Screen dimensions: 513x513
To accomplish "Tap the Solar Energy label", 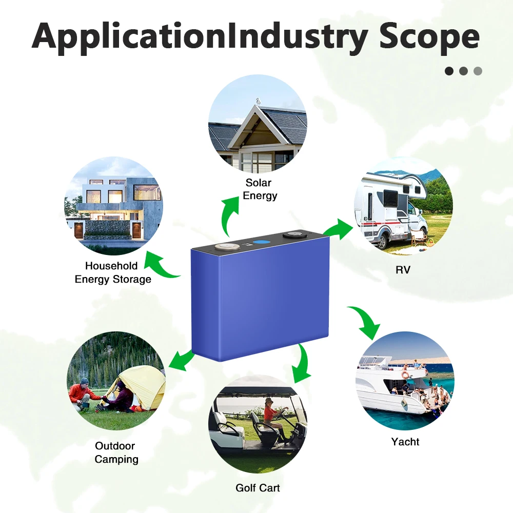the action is (x=259, y=189).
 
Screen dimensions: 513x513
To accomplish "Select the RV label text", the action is (x=403, y=269).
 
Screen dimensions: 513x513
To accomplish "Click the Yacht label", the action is (x=405, y=442).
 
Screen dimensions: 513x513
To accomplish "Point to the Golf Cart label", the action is (x=258, y=487).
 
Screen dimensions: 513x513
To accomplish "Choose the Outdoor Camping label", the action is (x=116, y=452).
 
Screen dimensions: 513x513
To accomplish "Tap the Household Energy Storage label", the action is (x=113, y=272).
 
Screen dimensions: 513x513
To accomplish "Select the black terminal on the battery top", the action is (x=294, y=235).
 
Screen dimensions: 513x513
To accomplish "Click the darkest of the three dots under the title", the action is (x=449, y=71).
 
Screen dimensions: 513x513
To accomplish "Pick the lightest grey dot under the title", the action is (x=478, y=71).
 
